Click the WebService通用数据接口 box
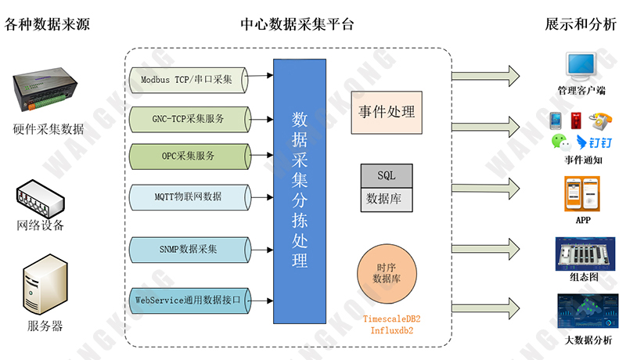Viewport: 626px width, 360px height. (x=192, y=300)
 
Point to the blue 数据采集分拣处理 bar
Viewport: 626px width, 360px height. (x=299, y=191)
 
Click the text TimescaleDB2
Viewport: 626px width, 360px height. (x=392, y=319)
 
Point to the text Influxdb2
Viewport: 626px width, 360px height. (x=391, y=332)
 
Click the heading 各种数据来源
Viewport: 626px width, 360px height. (x=48, y=24)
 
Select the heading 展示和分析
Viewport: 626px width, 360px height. (x=581, y=24)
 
